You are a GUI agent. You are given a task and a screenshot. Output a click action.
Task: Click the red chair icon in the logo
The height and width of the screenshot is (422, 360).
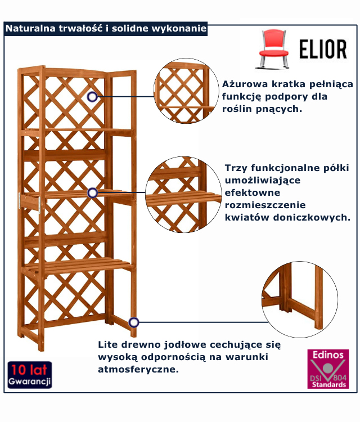[274, 48]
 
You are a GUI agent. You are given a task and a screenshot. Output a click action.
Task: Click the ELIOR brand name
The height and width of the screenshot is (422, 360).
[322, 49]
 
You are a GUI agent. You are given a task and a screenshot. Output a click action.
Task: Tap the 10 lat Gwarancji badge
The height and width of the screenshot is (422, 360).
[30, 375]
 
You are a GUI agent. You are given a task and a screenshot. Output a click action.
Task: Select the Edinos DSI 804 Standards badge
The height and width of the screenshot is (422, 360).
[328, 369]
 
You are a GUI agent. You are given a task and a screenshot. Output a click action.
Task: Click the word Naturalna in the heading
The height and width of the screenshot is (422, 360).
[30, 29]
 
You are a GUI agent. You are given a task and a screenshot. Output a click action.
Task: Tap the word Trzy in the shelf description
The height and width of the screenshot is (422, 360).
[236, 168]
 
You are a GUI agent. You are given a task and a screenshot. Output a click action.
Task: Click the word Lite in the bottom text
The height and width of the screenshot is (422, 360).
[108, 344]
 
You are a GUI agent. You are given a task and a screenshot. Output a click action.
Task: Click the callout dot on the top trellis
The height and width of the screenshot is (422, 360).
[92, 97]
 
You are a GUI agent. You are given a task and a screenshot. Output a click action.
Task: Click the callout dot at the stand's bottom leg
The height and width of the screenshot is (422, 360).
[133, 322]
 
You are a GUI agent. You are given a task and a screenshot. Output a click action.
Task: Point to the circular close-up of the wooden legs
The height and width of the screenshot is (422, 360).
[300, 299]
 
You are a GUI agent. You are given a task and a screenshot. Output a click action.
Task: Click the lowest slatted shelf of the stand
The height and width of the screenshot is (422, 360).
[84, 264]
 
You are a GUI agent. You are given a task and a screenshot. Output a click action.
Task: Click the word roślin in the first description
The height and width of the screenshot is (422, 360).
[236, 109]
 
